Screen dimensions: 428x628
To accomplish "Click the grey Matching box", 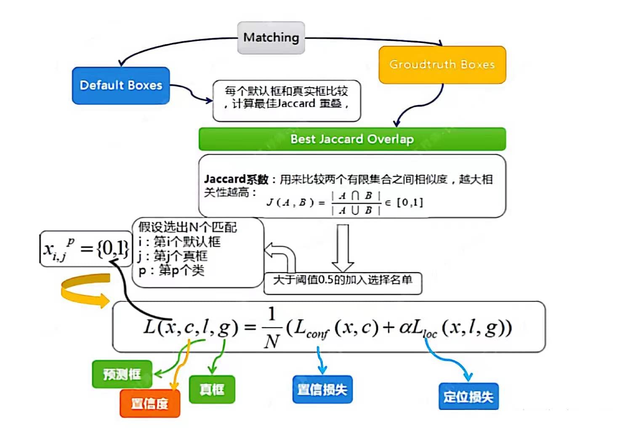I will click(271, 37).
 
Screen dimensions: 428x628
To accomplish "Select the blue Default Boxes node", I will click(121, 86).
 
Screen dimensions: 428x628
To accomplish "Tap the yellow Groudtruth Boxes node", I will click(442, 64).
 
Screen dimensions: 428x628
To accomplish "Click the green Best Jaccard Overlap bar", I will click(352, 139).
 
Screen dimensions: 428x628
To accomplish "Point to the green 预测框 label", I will click(122, 374).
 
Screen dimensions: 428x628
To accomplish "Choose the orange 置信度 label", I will click(150, 403).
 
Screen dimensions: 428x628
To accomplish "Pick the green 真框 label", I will click(212, 389).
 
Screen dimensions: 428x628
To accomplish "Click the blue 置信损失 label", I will click(322, 389).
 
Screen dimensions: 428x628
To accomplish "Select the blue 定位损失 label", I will click(468, 396).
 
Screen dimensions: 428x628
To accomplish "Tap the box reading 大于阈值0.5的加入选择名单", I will click(342, 280).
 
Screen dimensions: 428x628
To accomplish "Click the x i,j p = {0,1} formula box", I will click(86, 249).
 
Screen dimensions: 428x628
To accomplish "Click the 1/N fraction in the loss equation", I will click(272, 328).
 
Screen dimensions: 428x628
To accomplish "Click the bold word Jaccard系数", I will click(236, 179).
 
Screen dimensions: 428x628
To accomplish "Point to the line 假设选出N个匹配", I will click(188, 227).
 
